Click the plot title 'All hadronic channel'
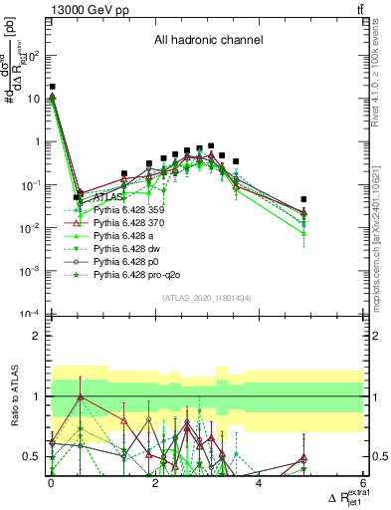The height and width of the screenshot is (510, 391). (207, 41)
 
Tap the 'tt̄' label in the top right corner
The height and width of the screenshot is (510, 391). (359, 9)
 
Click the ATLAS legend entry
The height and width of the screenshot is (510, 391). (108, 197)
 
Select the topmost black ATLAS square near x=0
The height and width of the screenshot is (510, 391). (52, 88)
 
